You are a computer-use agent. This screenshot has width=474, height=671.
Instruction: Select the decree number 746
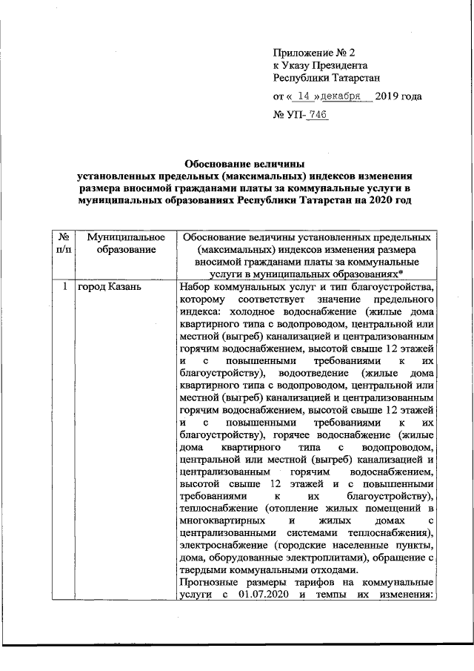318,116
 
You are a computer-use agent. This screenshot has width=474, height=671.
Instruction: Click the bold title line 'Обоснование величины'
244,162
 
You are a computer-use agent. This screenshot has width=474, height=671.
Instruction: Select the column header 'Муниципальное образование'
124,242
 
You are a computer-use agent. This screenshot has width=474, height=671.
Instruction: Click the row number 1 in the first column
65,287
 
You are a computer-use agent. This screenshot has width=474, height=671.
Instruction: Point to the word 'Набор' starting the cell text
196,287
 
